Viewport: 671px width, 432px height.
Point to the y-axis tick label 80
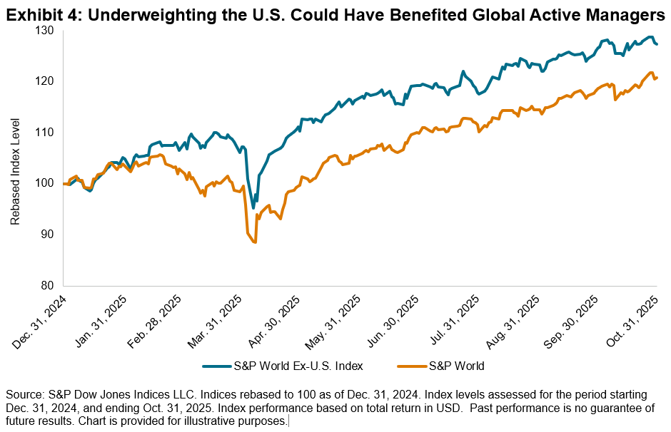tap(49, 285)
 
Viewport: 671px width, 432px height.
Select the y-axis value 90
tap(49, 235)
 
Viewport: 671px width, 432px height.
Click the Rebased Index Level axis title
tap(16, 158)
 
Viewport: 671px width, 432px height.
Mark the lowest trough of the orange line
tap(254, 243)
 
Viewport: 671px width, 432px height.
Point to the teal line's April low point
tap(253, 208)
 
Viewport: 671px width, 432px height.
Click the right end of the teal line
tap(657, 44)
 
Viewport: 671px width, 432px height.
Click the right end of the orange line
tap(657, 78)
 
